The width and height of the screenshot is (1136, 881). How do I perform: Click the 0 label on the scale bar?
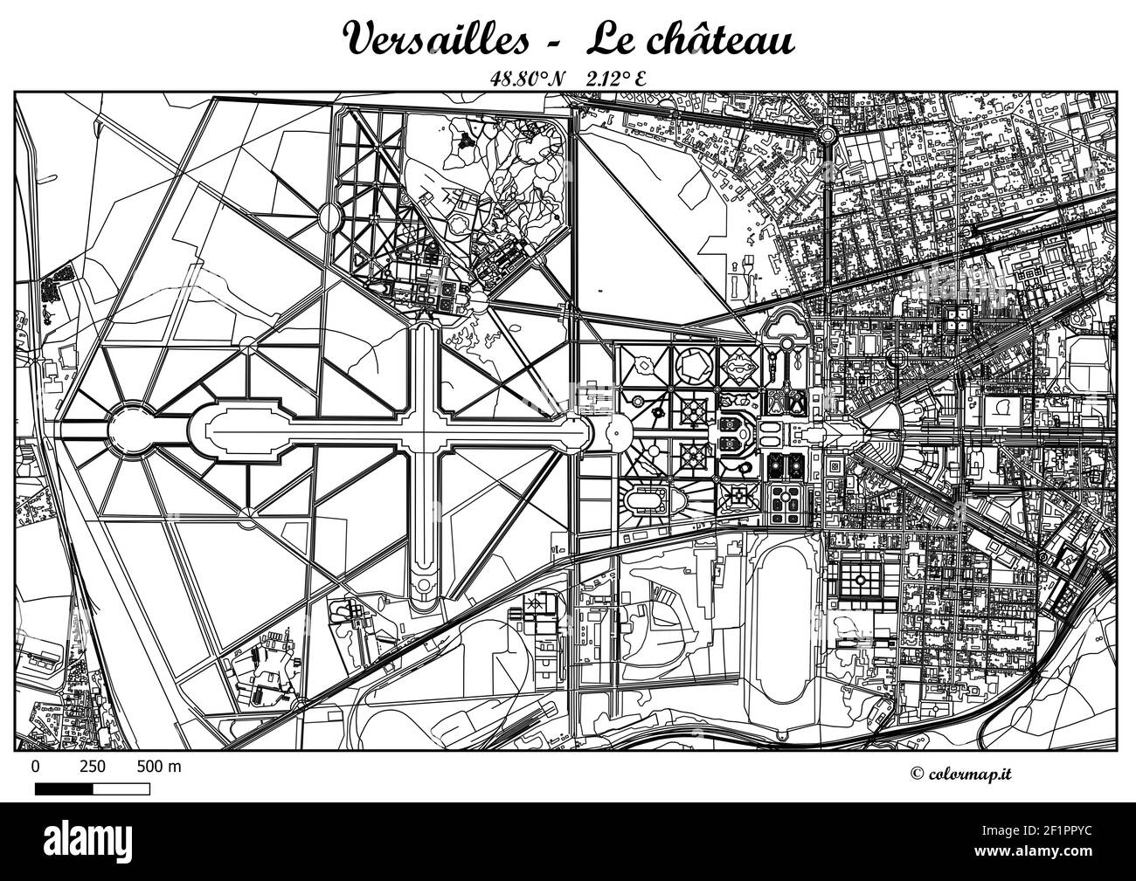tap(35, 767)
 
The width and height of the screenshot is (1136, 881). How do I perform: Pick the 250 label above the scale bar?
tap(93, 767)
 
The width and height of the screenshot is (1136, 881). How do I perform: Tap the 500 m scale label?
tap(159, 767)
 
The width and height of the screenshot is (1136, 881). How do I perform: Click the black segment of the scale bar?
tap(64, 788)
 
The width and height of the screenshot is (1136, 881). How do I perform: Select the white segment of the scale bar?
tap(121, 788)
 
